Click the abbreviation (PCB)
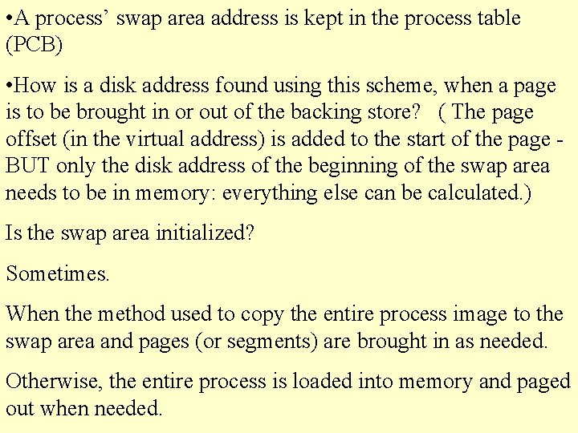(x=35, y=44)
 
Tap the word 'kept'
(x=320, y=18)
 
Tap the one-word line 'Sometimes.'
(x=58, y=273)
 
